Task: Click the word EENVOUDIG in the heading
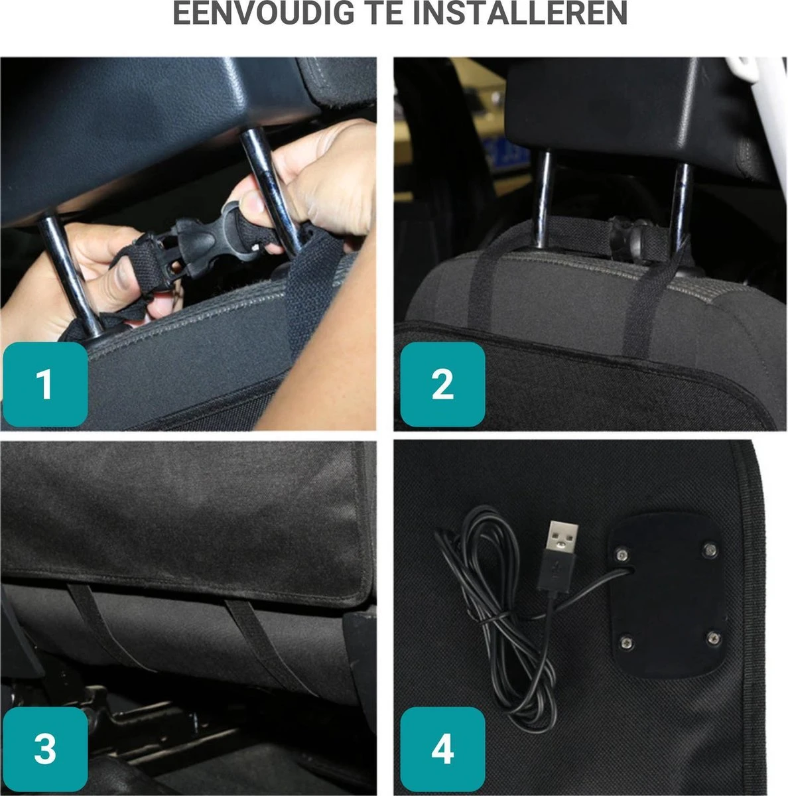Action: pyautogui.click(x=262, y=13)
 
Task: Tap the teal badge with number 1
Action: pyautogui.click(x=44, y=384)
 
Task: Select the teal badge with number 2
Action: pyautogui.click(x=442, y=384)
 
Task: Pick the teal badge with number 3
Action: pyautogui.click(x=44, y=748)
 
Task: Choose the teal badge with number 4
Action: pyautogui.click(x=442, y=748)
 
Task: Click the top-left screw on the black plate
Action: pyautogui.click(x=622, y=553)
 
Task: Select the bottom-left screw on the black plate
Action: pyautogui.click(x=625, y=641)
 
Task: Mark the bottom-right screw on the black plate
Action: pyautogui.click(x=712, y=637)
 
